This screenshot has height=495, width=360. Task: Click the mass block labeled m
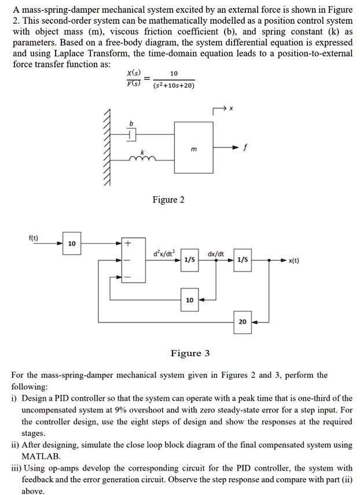click(194, 148)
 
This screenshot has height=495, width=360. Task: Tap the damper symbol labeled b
click(132, 134)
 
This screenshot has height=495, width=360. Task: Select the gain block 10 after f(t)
click(71, 244)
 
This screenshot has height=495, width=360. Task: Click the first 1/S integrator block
click(189, 260)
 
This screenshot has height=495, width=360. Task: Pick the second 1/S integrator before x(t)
click(243, 260)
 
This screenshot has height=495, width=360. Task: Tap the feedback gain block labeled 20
click(243, 321)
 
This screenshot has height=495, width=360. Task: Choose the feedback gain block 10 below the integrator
click(189, 300)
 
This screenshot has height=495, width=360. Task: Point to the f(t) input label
click(34, 237)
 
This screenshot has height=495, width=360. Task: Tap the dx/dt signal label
click(216, 252)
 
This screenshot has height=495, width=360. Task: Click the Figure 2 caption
click(168, 200)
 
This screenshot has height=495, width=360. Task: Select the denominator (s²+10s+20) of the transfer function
click(174, 86)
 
